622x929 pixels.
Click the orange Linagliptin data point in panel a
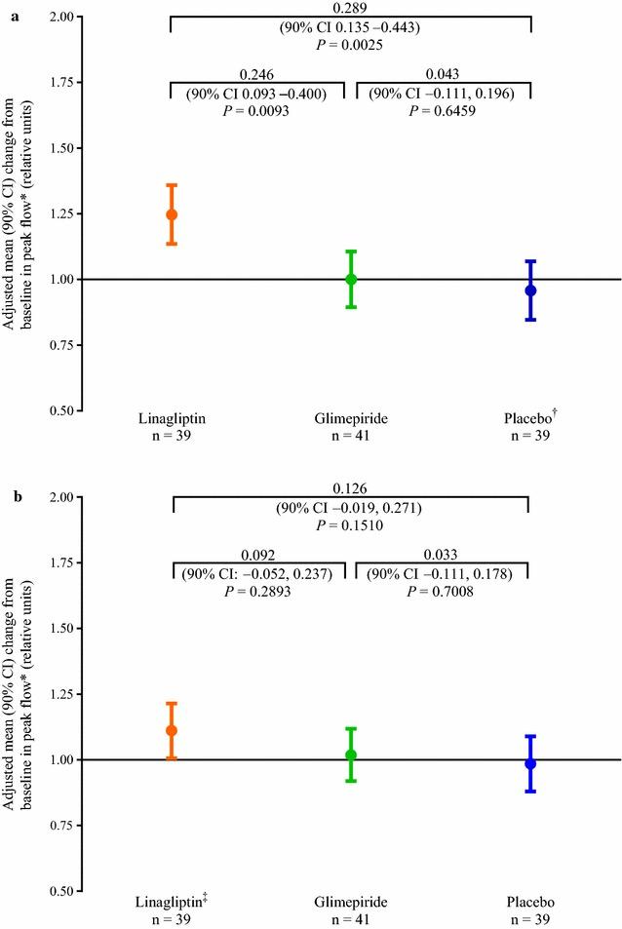[x=172, y=214]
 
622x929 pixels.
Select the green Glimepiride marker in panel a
[x=351, y=280]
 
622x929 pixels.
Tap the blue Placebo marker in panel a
[x=530, y=290]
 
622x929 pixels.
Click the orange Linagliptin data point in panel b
[x=172, y=730]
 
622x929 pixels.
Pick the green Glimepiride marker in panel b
[x=351, y=755]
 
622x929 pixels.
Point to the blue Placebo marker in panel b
[x=530, y=763]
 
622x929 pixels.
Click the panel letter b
[x=13, y=497]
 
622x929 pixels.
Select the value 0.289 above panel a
[x=350, y=8]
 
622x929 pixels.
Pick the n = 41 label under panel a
[x=351, y=436]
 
